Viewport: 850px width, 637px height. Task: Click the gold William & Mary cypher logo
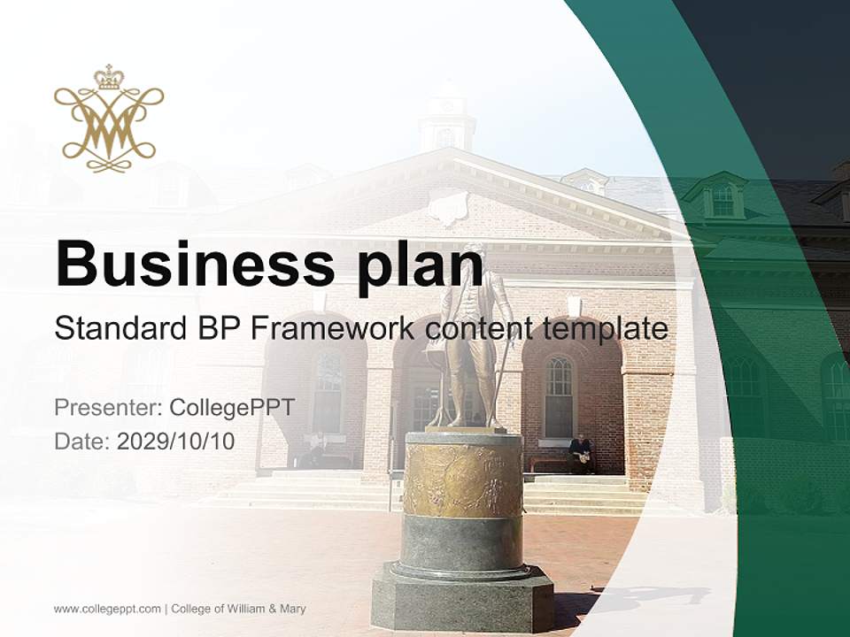pos(109,119)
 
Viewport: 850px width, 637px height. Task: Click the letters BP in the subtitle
pos(218,328)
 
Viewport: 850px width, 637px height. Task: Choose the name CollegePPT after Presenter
pos(231,408)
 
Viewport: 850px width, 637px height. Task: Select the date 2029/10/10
pos(176,441)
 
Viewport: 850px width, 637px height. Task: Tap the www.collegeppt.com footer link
pos(107,609)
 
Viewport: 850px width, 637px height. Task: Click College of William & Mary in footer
pos(239,609)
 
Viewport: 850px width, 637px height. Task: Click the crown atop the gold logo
pos(109,78)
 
